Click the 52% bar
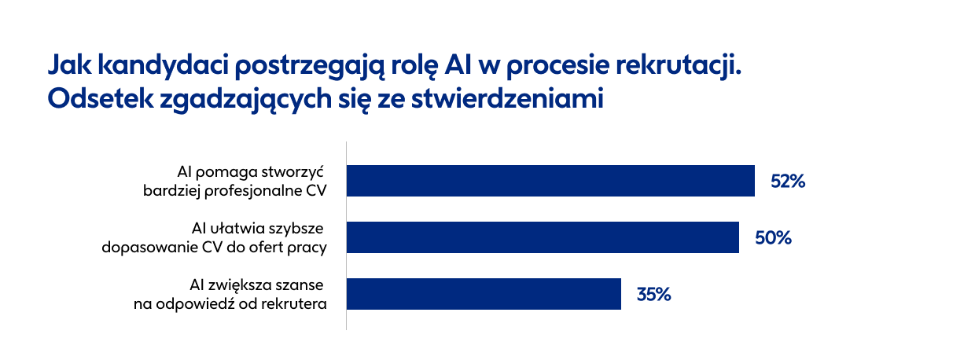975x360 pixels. click(550, 181)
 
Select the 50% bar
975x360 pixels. click(543, 237)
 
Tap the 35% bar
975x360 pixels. click(484, 294)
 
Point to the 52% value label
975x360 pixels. click(789, 182)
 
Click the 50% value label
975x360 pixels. click(773, 238)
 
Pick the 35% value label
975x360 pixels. click(653, 295)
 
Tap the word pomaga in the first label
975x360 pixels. click(225, 172)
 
